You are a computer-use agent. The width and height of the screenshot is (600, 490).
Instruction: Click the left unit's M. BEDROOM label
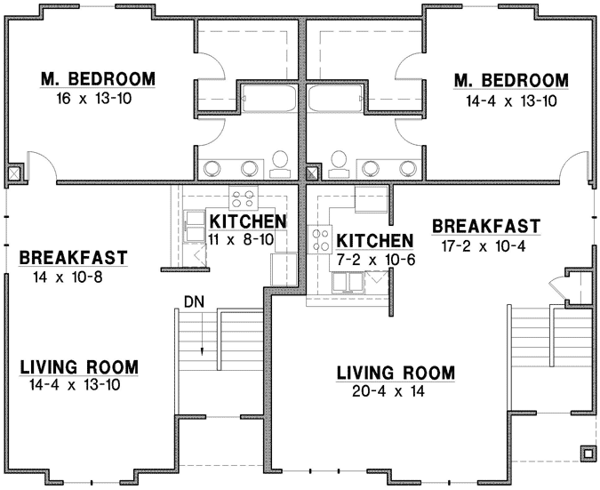98,80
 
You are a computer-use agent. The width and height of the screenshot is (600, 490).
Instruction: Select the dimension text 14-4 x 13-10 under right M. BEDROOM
510,100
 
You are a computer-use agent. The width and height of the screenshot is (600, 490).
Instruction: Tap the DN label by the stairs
196,301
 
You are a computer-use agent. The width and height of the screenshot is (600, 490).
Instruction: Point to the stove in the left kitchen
244,198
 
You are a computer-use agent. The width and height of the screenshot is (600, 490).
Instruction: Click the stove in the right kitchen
320,238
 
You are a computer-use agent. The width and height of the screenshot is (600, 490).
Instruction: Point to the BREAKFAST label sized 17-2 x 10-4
485,225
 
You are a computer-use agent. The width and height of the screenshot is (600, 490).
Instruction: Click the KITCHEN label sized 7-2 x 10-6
375,241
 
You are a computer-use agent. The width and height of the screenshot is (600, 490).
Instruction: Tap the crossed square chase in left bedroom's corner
15,173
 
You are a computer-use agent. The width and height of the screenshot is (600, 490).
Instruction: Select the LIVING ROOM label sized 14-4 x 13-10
79,366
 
